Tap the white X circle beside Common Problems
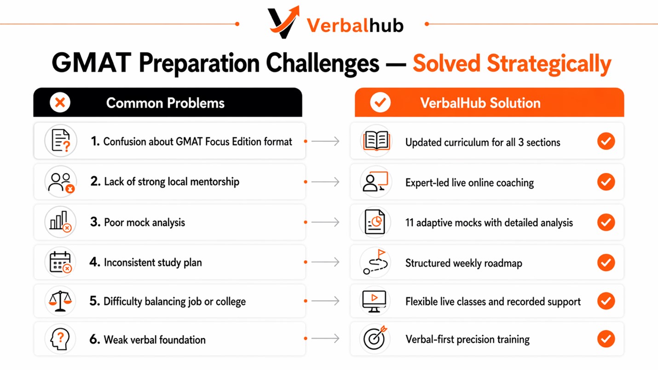tap(60, 103)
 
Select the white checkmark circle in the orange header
tap(380, 102)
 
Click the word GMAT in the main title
tap(92, 63)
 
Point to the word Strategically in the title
tap(549, 64)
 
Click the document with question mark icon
tap(61, 141)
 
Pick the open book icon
tap(376, 141)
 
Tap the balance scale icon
tap(60, 301)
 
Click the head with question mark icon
tap(60, 339)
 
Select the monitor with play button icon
tap(374, 301)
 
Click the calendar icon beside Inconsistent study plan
tap(61, 262)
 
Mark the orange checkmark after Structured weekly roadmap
tap(606, 262)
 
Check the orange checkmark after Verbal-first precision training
tap(606, 339)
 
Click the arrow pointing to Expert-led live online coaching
tap(325, 182)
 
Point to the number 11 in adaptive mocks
tap(410, 223)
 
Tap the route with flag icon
tap(375, 262)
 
